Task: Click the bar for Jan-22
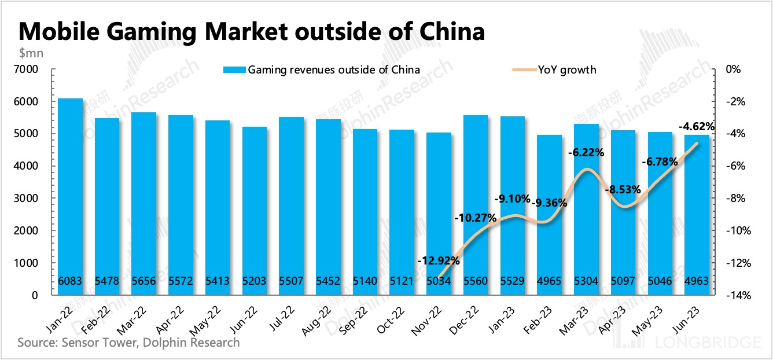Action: coord(70,197)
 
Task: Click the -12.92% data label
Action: coord(438,260)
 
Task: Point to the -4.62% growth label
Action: coord(697,126)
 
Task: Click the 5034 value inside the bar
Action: coord(439,281)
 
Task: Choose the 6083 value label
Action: coord(70,281)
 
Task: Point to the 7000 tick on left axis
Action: coord(27,69)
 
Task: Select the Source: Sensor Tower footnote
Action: coord(128,343)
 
